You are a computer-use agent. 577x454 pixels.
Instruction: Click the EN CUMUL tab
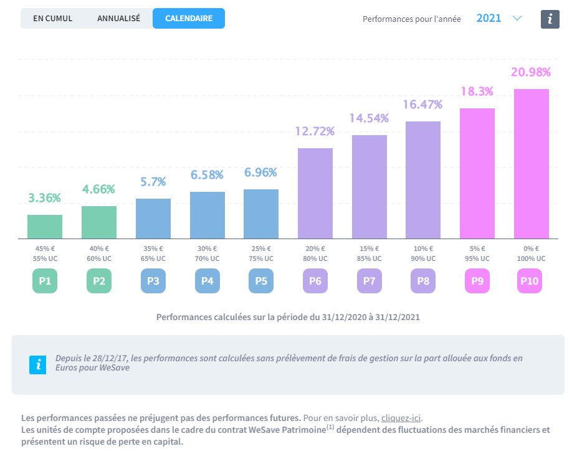(53, 18)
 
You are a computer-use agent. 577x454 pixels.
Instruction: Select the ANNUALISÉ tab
(118, 18)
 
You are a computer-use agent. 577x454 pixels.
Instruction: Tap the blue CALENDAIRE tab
(188, 18)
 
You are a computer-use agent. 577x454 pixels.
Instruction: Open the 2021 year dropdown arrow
(517, 18)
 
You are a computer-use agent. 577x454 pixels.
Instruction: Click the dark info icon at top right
(550, 19)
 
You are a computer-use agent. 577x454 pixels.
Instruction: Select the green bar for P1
(45, 227)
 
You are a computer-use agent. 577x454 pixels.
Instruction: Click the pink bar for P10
(532, 164)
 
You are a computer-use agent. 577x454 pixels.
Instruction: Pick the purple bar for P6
(315, 193)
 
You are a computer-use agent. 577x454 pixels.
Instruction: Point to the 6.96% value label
(261, 173)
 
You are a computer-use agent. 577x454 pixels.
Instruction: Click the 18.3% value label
(477, 92)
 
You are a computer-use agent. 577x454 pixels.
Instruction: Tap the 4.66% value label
(99, 189)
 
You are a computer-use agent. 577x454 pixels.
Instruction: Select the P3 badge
(153, 281)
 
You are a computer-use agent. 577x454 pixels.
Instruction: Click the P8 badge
(423, 281)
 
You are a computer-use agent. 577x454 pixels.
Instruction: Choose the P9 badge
(477, 281)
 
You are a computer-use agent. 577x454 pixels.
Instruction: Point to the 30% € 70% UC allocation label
(207, 253)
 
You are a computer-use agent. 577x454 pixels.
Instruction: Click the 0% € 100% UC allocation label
(532, 253)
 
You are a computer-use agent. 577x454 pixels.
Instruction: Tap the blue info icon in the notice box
(38, 364)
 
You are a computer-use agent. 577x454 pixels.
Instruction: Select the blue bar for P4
(207, 215)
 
